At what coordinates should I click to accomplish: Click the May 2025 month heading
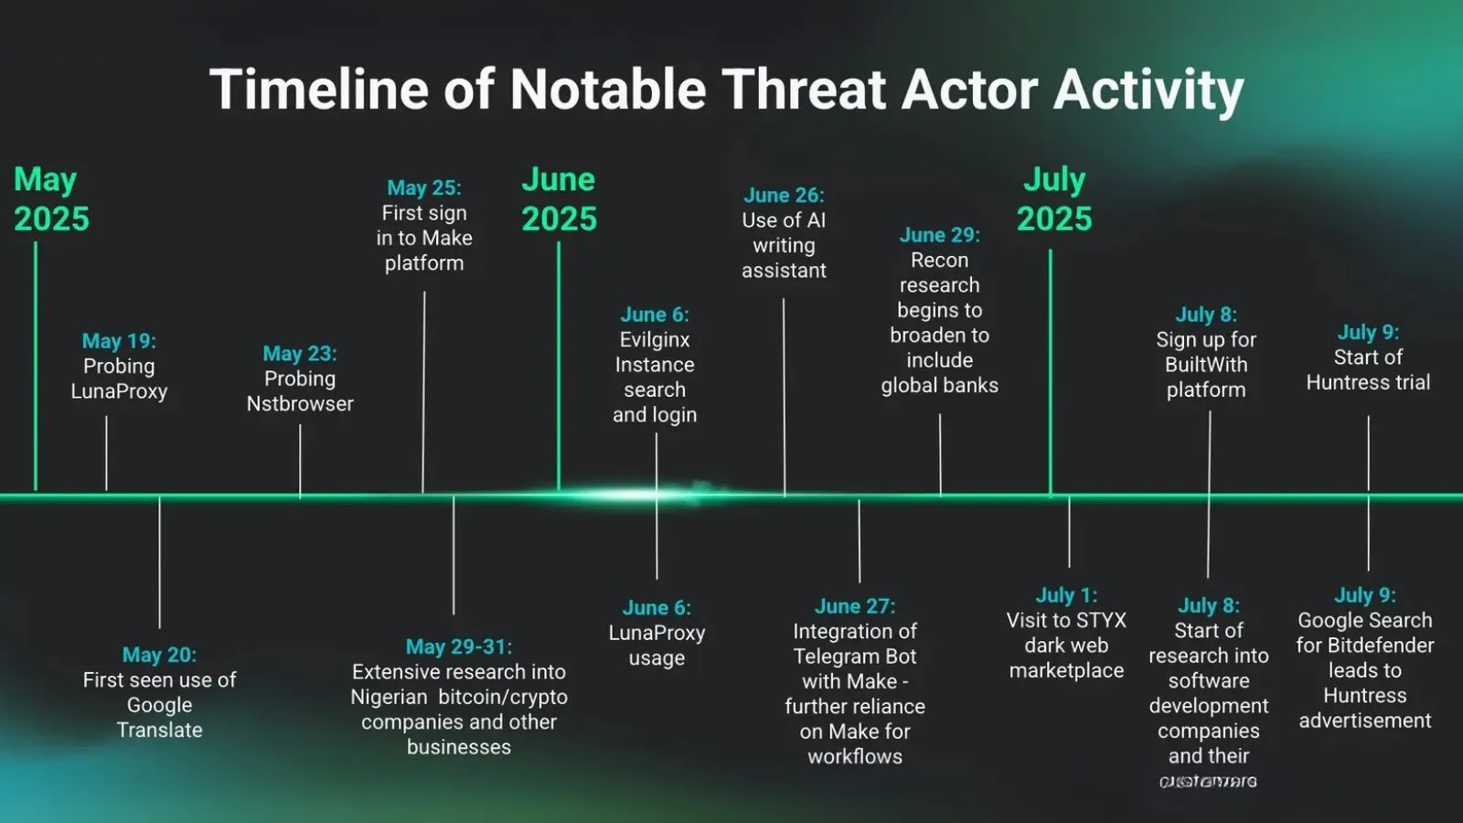pos(51,198)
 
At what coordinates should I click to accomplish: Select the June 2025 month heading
pos(559,198)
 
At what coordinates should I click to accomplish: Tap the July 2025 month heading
pos(1054,198)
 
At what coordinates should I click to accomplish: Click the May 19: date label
pos(119,341)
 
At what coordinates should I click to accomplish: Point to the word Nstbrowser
pos(300,404)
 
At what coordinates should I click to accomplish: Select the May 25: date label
pos(424,187)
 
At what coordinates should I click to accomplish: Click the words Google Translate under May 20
pos(159,718)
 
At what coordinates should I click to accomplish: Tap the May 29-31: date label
pos(459,647)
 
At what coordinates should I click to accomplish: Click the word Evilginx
pos(655,340)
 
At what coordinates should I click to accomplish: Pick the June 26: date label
pos(784,195)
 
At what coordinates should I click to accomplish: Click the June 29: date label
pos(939,235)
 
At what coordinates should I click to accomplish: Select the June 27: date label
pos(855,606)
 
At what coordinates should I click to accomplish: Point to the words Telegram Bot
pos(855,657)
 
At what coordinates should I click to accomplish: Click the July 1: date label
pos(1066,595)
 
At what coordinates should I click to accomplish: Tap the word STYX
pos(1101,621)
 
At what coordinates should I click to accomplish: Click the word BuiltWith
pos(1206,365)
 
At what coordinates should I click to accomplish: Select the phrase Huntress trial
pos(1368,383)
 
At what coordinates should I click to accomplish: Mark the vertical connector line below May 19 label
pos(106,453)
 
